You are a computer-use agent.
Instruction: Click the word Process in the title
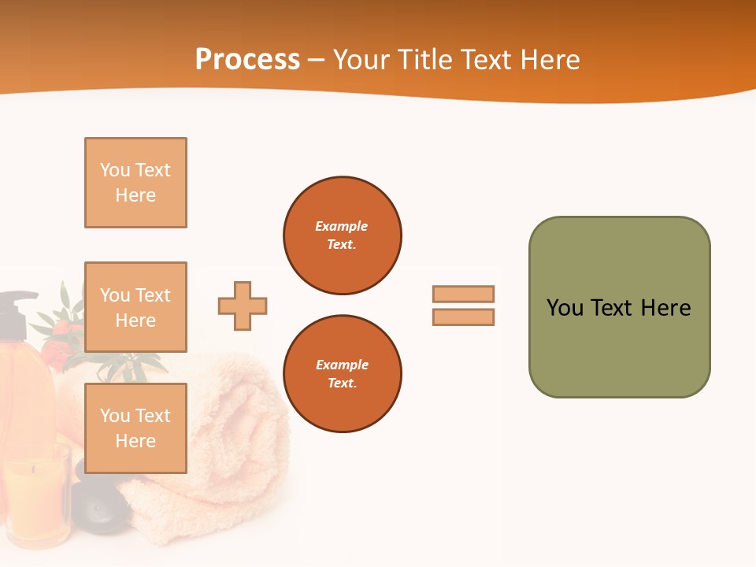point(247,59)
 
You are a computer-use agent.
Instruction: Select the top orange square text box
point(135,183)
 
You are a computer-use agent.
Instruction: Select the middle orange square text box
point(135,307)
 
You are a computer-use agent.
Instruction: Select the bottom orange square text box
point(135,428)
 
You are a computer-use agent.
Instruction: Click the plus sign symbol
point(243,306)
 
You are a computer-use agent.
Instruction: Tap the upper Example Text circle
point(342,235)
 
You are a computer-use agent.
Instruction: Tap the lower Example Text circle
point(342,374)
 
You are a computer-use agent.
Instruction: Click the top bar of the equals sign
point(463,294)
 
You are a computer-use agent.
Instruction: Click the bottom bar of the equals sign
point(463,317)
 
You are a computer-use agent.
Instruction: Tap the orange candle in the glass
point(35,496)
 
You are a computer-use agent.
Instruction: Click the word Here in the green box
point(665,308)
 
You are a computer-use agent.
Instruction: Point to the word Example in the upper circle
point(342,226)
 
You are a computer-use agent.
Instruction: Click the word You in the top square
point(115,170)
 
